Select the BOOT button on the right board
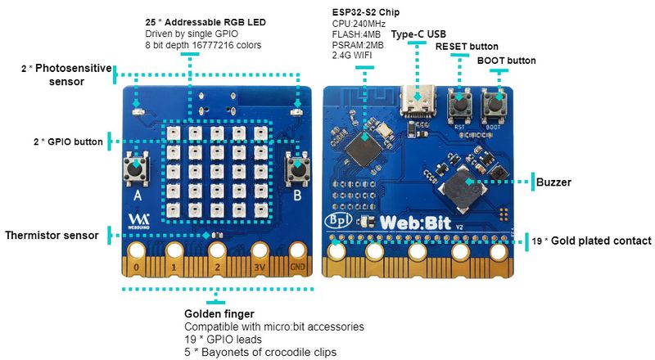[495, 104]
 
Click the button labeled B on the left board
[296, 169]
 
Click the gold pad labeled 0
[137, 252]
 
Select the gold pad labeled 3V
[260, 252]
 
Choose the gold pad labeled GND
[297, 252]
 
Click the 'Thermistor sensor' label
[52, 236]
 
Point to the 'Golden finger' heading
[219, 314]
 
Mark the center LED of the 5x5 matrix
[217, 173]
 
